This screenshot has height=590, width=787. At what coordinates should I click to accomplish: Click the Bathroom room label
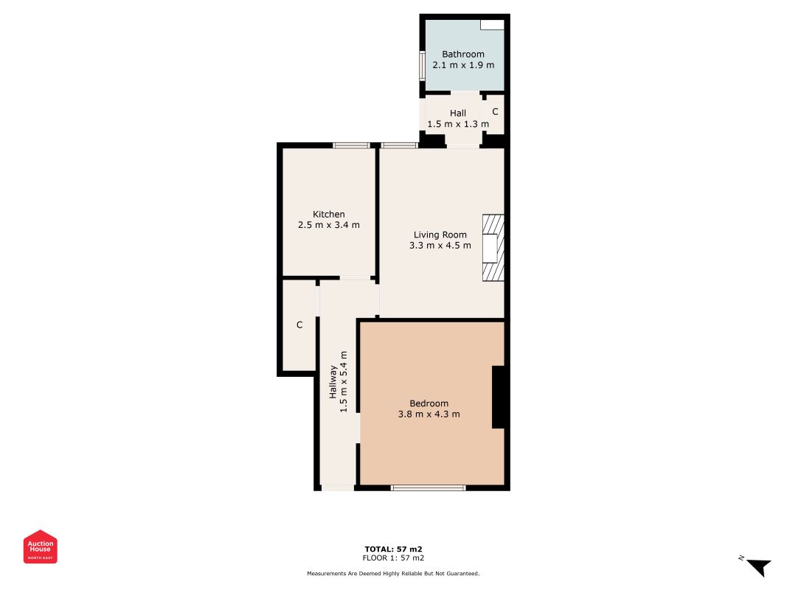tap(462, 54)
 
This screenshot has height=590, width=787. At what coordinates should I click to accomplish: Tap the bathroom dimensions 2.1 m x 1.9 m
tap(462, 65)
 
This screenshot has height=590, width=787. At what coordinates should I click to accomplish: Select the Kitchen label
tap(329, 214)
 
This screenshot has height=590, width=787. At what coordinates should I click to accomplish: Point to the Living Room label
tap(440, 235)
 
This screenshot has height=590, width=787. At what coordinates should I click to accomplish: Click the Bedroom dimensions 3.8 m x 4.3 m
tap(429, 414)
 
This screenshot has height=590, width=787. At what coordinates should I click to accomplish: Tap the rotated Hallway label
tap(333, 382)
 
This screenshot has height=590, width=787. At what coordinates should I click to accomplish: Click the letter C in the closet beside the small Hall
tap(495, 112)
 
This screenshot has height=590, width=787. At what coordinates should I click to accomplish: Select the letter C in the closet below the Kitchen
tap(299, 325)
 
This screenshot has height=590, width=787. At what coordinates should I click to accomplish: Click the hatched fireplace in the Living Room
tap(493, 248)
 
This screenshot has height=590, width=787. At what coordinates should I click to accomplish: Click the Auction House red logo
tap(40, 546)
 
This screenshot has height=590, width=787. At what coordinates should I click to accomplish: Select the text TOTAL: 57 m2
tap(394, 549)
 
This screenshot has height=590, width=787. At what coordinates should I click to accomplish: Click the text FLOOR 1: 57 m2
tap(394, 558)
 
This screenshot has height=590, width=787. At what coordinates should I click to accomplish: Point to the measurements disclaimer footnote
tap(394, 574)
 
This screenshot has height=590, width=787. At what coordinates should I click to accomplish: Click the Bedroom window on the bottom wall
tap(428, 487)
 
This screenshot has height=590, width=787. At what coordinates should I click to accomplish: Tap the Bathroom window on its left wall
tap(423, 65)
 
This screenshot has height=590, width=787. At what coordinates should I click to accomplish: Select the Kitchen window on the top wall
tap(351, 145)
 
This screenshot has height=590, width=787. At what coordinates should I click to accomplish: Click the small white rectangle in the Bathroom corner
tap(492, 25)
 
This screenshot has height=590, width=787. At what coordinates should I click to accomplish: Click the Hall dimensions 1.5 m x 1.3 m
tap(458, 125)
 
